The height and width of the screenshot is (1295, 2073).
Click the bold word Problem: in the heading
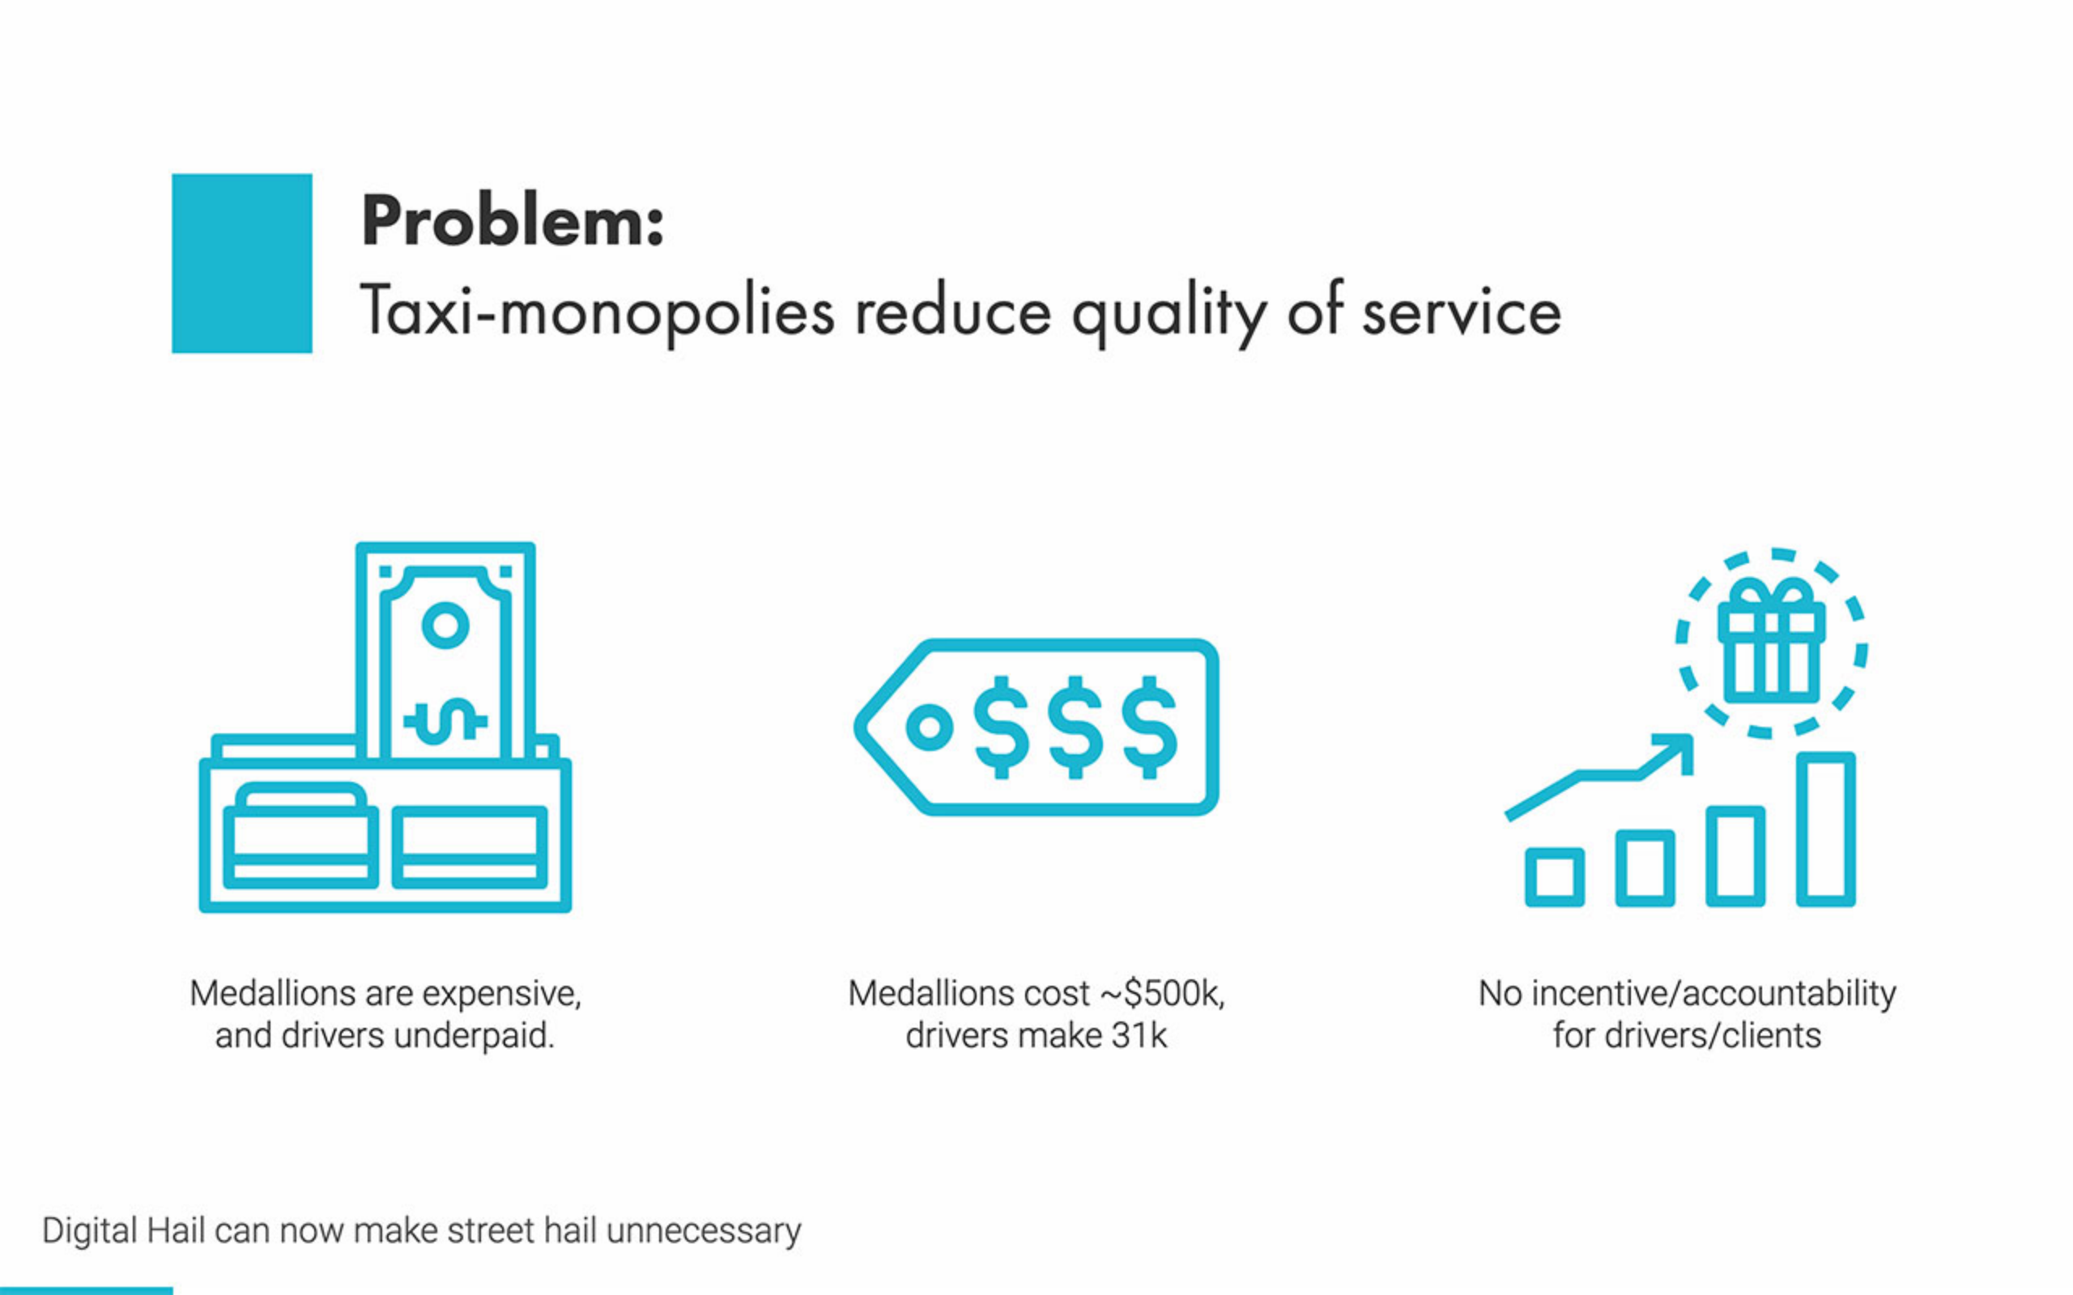click(513, 221)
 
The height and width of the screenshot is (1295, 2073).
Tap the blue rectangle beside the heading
click(241, 263)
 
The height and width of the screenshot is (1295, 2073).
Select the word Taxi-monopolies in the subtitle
click(597, 312)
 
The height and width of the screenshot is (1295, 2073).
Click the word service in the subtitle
click(1462, 312)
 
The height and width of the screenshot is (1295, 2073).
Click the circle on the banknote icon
click(445, 625)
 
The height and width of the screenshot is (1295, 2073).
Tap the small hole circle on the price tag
click(930, 727)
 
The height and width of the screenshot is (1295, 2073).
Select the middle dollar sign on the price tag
click(1075, 727)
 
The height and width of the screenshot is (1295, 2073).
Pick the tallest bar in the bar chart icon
click(1825, 829)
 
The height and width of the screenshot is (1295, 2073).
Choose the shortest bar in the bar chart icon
click(1555, 877)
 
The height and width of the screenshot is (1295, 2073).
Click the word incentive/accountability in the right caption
click(1714, 995)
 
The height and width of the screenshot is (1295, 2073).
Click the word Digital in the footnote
click(90, 1232)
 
